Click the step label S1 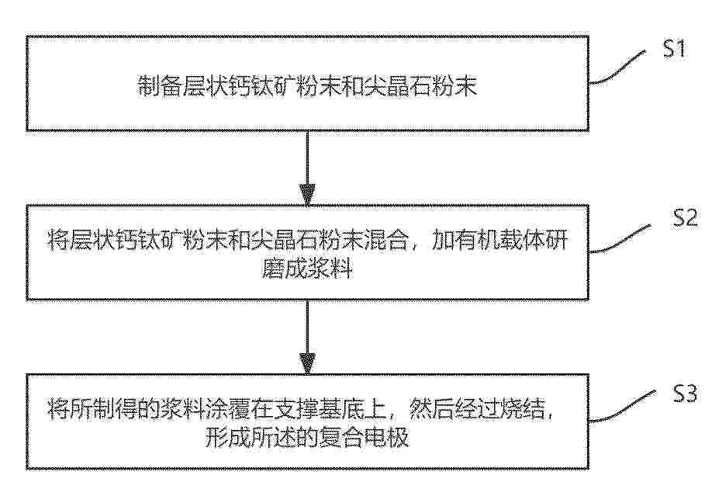coord(674,48)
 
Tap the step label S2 coord(685,218)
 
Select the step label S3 coord(684,394)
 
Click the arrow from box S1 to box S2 coord(307,168)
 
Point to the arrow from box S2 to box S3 coord(307,338)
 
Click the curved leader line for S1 coord(617,68)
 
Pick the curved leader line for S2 coord(620,238)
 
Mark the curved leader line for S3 coord(622,407)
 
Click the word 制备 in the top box coord(159,85)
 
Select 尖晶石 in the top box coord(398,85)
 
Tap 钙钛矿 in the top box coord(261,85)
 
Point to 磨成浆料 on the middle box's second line coord(307,269)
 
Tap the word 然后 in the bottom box coord(432,409)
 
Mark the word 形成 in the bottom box coord(227,437)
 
